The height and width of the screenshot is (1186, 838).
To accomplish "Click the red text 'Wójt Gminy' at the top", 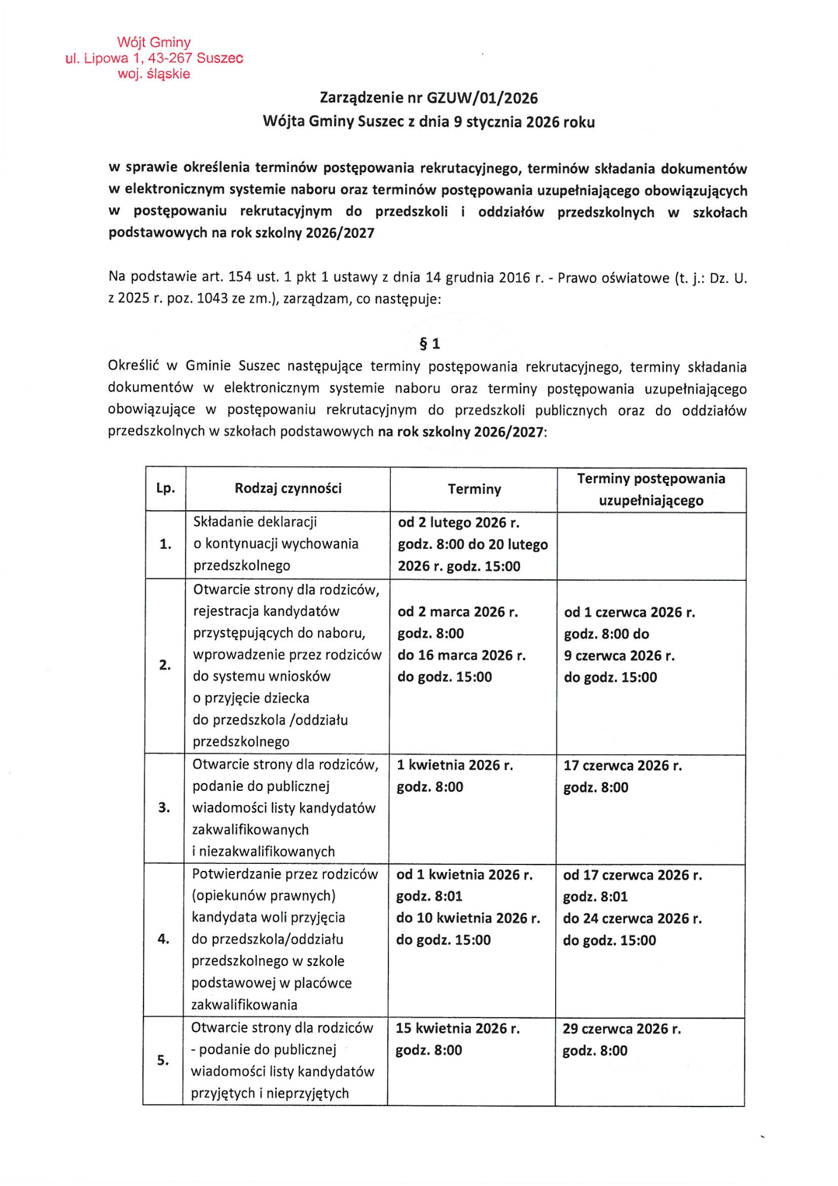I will coord(154,42).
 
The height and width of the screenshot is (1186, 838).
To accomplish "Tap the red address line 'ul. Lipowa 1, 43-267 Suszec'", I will coord(154,58).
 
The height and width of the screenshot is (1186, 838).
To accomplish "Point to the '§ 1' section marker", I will coord(429,344).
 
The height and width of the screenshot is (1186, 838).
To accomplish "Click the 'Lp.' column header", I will coord(165,488).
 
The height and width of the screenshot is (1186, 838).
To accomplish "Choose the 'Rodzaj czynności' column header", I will coord(288,488).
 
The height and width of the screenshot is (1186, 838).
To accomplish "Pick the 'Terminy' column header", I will coord(474,489).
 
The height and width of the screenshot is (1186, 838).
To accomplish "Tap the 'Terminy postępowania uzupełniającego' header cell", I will coord(651,489).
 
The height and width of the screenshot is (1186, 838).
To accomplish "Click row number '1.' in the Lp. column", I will coord(165,544).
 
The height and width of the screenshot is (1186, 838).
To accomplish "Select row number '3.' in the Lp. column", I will coord(164,807).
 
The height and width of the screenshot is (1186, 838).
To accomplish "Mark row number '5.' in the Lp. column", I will coord(163,1060).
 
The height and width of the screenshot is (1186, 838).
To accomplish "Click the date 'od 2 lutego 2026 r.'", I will coord(458,523).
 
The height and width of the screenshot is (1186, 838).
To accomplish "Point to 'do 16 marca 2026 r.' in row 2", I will coord(461,655).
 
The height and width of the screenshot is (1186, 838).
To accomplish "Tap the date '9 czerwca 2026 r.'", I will coord(619,656).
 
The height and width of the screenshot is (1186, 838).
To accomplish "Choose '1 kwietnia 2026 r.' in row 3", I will coord(455,765).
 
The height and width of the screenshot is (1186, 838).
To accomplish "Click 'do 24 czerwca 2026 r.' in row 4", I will coord(632,918).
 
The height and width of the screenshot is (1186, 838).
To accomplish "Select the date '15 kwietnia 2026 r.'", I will coord(457,1028).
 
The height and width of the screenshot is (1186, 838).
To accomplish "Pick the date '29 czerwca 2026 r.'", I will coord(622,1029).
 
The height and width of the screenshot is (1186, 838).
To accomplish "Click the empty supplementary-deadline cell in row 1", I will coord(651,546).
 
